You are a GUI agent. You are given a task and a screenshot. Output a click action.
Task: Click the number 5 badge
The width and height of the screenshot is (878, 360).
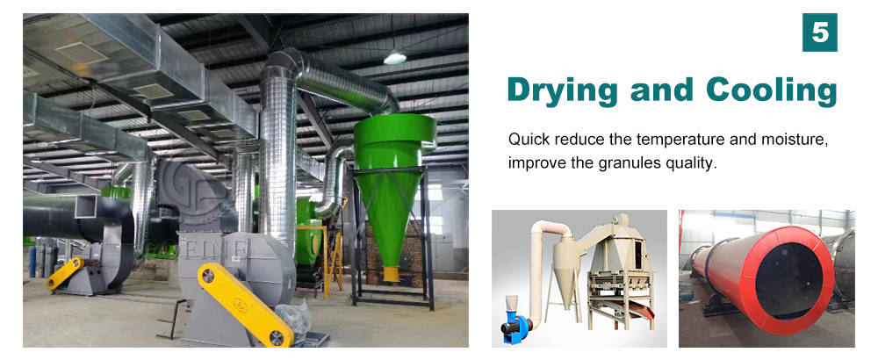pyautogui.click(x=820, y=33)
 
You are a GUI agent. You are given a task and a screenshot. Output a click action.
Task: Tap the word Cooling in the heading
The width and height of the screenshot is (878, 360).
pyautogui.click(x=772, y=89)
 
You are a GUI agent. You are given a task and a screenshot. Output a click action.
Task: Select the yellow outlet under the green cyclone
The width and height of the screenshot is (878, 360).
pyautogui.click(x=391, y=274)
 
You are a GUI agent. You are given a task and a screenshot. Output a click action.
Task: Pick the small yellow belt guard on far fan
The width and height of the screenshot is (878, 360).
pyautogui.click(x=66, y=273)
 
